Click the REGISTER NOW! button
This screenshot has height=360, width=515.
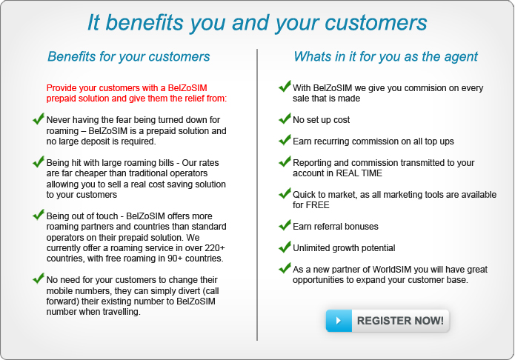click(388, 320)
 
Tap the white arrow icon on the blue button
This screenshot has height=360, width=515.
click(339, 321)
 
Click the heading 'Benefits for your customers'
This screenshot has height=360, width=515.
click(129, 57)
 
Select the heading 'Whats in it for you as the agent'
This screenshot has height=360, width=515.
click(385, 57)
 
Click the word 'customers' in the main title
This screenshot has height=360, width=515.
click(376, 23)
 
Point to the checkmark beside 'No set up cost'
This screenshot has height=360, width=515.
click(285, 119)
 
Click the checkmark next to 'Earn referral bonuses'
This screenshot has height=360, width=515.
click(285, 225)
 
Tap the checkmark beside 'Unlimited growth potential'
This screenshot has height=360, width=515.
click(285, 247)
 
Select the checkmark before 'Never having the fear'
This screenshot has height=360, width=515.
click(39, 119)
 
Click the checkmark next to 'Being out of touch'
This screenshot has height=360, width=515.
click(39, 215)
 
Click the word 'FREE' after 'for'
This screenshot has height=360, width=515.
click(317, 205)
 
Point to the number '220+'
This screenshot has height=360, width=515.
click(215, 247)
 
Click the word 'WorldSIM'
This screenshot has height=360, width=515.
click(391, 270)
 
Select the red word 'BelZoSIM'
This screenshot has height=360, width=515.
click(187, 88)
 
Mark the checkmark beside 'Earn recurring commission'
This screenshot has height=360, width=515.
click(285, 139)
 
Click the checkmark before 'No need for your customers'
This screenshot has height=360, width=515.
click(39, 279)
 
